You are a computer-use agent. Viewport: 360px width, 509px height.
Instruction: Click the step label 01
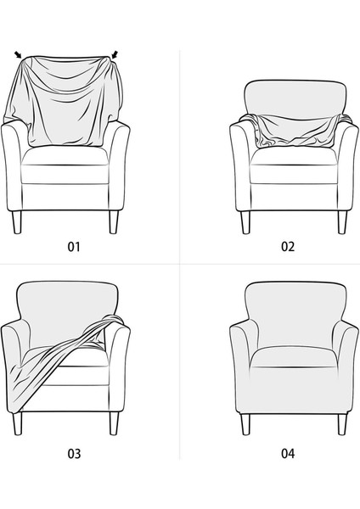tap(74, 247)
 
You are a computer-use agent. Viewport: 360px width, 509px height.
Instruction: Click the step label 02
tap(288, 247)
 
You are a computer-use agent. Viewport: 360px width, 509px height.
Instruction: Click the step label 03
tap(74, 453)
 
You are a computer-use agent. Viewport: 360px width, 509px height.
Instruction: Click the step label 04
tap(288, 453)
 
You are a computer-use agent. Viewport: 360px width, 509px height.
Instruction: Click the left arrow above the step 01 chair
tap(19, 56)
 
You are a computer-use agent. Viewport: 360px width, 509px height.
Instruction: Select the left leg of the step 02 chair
tap(245, 221)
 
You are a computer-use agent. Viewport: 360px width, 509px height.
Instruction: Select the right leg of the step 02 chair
tap(341, 221)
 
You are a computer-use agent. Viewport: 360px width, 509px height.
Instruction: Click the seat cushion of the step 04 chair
tap(293, 355)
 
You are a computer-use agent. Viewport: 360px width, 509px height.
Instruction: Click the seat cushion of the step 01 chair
tap(65, 161)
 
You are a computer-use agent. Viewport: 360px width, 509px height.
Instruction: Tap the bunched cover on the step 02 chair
tap(293, 131)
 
